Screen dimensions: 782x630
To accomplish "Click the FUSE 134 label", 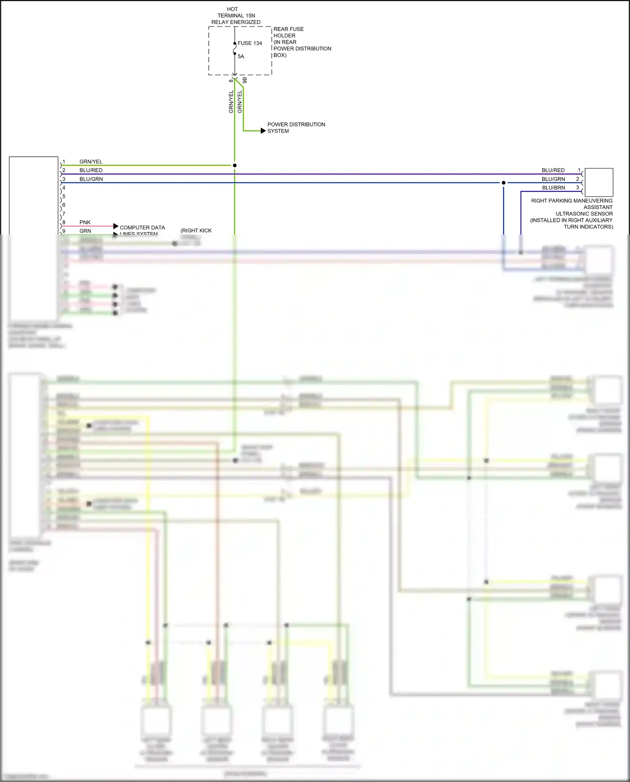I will point(249,43).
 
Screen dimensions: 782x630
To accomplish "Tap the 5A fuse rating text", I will point(241,56).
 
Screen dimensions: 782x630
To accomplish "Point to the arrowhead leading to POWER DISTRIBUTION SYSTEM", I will point(263,131).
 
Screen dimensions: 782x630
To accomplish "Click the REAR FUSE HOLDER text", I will point(289,32).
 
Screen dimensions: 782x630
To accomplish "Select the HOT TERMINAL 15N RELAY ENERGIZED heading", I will point(236,16).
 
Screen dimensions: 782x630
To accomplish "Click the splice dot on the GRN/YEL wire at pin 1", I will point(235,166).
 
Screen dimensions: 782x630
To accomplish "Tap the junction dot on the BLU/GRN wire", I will point(504,183).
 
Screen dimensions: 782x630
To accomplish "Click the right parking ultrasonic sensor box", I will point(599,182).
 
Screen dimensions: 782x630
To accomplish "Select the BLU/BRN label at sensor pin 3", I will point(553,188).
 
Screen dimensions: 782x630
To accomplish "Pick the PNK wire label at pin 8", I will point(85,222).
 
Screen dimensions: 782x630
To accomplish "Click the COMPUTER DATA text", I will point(142,228).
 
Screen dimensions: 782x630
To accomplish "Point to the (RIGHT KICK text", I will point(196,231).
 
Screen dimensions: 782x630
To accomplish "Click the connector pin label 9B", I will point(245,80).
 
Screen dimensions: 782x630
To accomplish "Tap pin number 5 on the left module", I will point(64,196).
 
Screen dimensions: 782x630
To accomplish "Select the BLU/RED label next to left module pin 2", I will point(91,170).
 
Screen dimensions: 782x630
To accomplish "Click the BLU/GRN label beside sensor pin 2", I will point(553,179).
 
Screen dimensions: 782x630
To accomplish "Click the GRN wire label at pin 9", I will point(85,231).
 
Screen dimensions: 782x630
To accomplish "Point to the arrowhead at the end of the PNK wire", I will point(116,226).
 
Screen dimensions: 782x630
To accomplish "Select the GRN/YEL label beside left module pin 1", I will point(91,162).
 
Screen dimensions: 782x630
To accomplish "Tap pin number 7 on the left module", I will point(64,214).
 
